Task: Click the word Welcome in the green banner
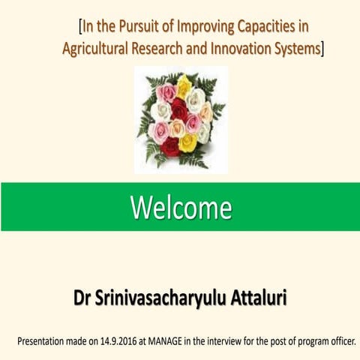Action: click(181, 206)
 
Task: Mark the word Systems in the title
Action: click(299, 49)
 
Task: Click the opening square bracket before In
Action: click(80, 28)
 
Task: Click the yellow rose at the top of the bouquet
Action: click(184, 85)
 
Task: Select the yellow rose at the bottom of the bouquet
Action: click(187, 142)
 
